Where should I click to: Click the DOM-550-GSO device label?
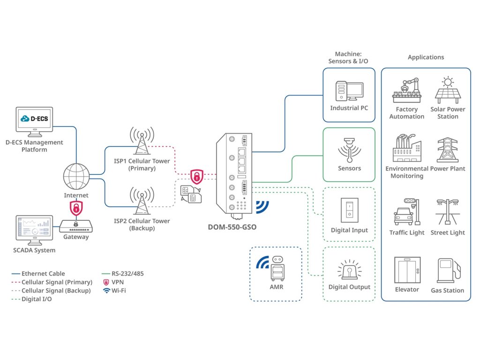pyautogui.click(x=232, y=227)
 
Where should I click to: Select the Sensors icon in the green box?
pyautogui.click(x=349, y=150)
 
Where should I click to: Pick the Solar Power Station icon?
pyautogui.click(x=448, y=90)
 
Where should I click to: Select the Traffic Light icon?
pyautogui.click(x=406, y=212)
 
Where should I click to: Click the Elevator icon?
pyautogui.click(x=407, y=270)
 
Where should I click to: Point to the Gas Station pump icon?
pyautogui.click(x=447, y=270)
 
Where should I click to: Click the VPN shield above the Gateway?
pyautogui.click(x=75, y=207)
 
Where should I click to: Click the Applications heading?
pyautogui.click(x=426, y=57)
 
